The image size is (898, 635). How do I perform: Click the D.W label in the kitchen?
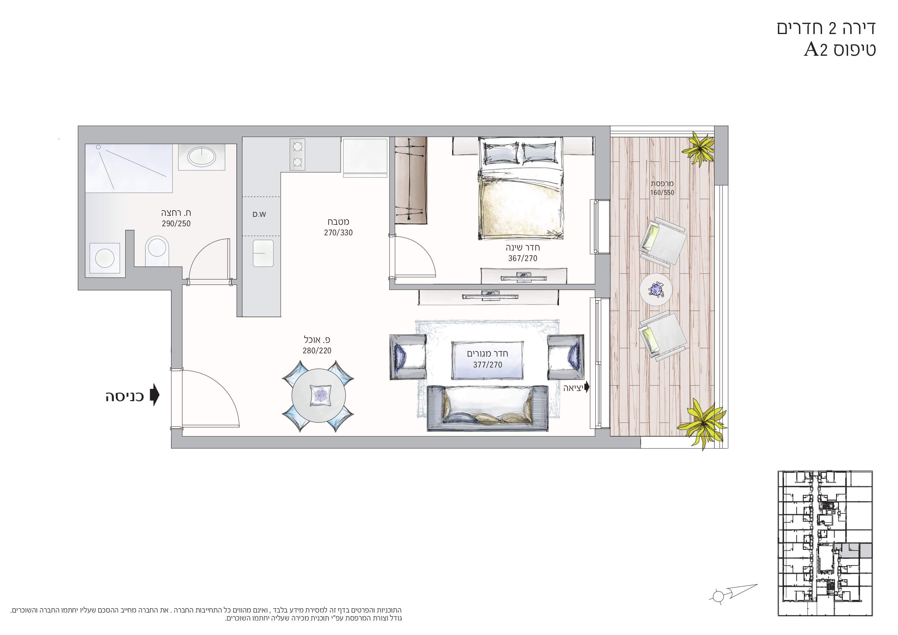click(x=259, y=214)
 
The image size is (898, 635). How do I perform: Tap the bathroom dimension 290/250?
click(x=176, y=224)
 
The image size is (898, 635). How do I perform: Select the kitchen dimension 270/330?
click(x=338, y=233)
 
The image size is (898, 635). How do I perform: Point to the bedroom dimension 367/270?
click(x=523, y=258)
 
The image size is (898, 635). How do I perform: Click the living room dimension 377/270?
click(x=487, y=365)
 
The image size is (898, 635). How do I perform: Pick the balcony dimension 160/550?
click(x=662, y=193)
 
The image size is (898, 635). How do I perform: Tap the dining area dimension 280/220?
click(x=317, y=350)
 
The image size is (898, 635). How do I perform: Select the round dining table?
click(x=319, y=396)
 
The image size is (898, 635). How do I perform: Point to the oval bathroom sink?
click(x=201, y=157)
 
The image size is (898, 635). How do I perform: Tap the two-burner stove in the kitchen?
click(x=297, y=154)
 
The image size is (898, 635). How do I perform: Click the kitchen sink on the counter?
click(x=263, y=253)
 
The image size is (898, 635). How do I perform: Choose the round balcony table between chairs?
click(x=656, y=290)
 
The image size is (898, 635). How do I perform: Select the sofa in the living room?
click(x=488, y=408)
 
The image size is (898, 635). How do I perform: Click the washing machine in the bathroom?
click(x=105, y=258)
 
